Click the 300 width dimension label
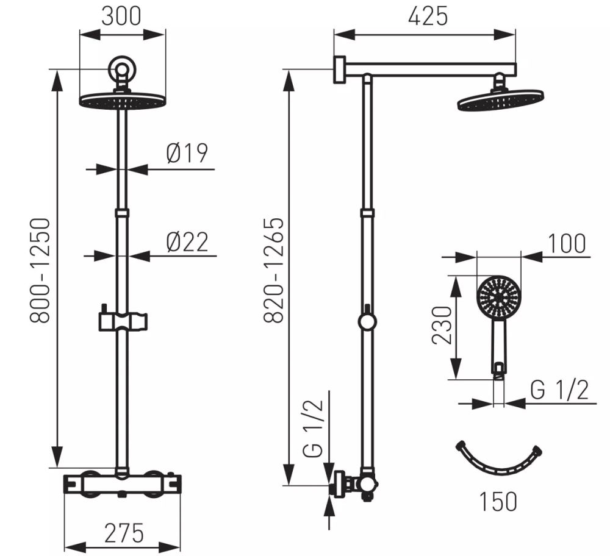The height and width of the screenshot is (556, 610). pos(121,16)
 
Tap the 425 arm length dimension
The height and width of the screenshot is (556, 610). pos(428,16)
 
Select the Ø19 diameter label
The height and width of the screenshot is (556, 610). pos(187,153)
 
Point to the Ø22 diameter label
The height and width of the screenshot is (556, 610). pos(187,242)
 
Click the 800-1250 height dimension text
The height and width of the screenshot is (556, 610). pos(40,271)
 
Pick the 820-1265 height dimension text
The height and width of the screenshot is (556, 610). pos(274,270)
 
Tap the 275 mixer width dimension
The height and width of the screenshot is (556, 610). pos(124,533)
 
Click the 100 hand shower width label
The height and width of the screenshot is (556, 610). pos(567,244)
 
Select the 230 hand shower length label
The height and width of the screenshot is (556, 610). pos(442,325)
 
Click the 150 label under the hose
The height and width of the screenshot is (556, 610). pos(498,502)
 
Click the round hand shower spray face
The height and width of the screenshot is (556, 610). pos(499,298)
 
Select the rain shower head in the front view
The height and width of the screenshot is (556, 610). pos(122,101)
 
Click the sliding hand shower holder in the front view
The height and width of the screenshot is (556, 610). pos(123,320)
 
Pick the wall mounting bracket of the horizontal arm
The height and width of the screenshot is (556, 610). pos(340,69)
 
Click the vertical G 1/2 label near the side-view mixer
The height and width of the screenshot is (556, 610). pos(313,428)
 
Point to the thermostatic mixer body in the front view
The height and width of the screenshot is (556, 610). pos(122,484)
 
